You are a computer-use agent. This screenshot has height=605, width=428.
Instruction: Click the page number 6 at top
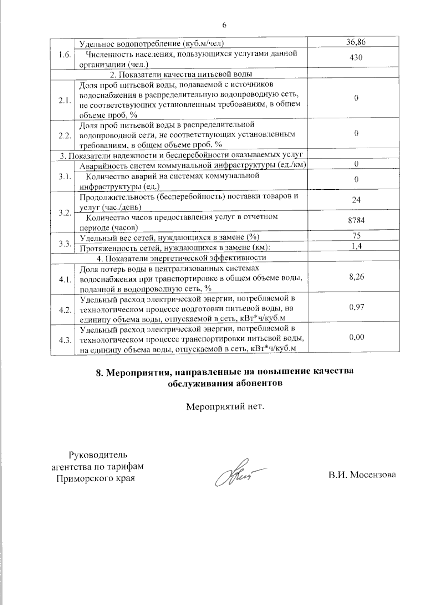[224, 25]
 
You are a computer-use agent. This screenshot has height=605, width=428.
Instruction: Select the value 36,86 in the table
[356, 42]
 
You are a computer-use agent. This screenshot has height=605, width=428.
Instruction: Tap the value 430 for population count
[356, 57]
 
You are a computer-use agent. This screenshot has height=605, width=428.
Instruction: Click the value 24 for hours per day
[356, 200]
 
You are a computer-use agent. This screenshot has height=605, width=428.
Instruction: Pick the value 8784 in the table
[356, 220]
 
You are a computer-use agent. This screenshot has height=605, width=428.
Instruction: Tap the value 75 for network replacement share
[356, 236]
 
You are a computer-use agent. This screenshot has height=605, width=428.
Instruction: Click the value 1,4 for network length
[356, 246]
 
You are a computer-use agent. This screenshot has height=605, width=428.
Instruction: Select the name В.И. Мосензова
[362, 475]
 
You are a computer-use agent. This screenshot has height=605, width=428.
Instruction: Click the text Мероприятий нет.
[225, 406]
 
